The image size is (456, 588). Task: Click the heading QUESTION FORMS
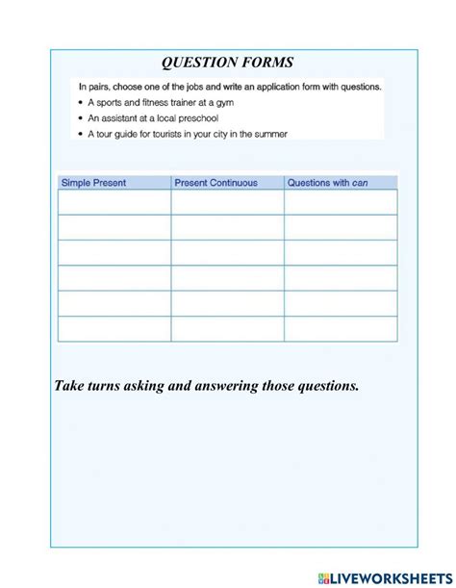(x=227, y=64)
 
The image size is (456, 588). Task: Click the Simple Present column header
(x=94, y=183)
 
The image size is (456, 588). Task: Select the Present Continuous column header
(x=215, y=183)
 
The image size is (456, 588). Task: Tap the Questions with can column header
(x=328, y=183)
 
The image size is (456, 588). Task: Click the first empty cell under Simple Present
(x=114, y=202)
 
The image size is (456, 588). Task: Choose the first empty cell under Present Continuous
(x=228, y=202)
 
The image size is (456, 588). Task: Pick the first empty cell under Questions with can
(x=341, y=202)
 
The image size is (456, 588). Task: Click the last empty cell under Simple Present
(x=114, y=329)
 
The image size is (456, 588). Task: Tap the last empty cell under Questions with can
(x=341, y=329)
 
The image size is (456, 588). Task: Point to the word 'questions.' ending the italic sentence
(x=321, y=386)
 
